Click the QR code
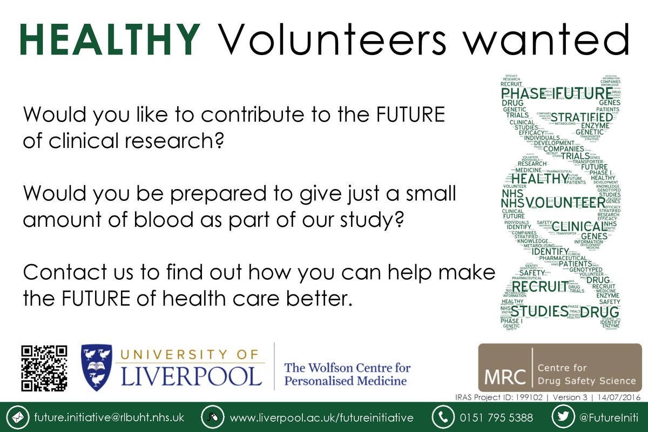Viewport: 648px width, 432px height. (44, 368)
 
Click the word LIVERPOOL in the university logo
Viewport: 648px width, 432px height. (191, 376)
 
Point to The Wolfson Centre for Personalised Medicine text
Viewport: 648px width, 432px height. (347, 374)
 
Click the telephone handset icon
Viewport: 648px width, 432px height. (442, 418)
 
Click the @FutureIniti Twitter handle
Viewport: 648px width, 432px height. (610, 418)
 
